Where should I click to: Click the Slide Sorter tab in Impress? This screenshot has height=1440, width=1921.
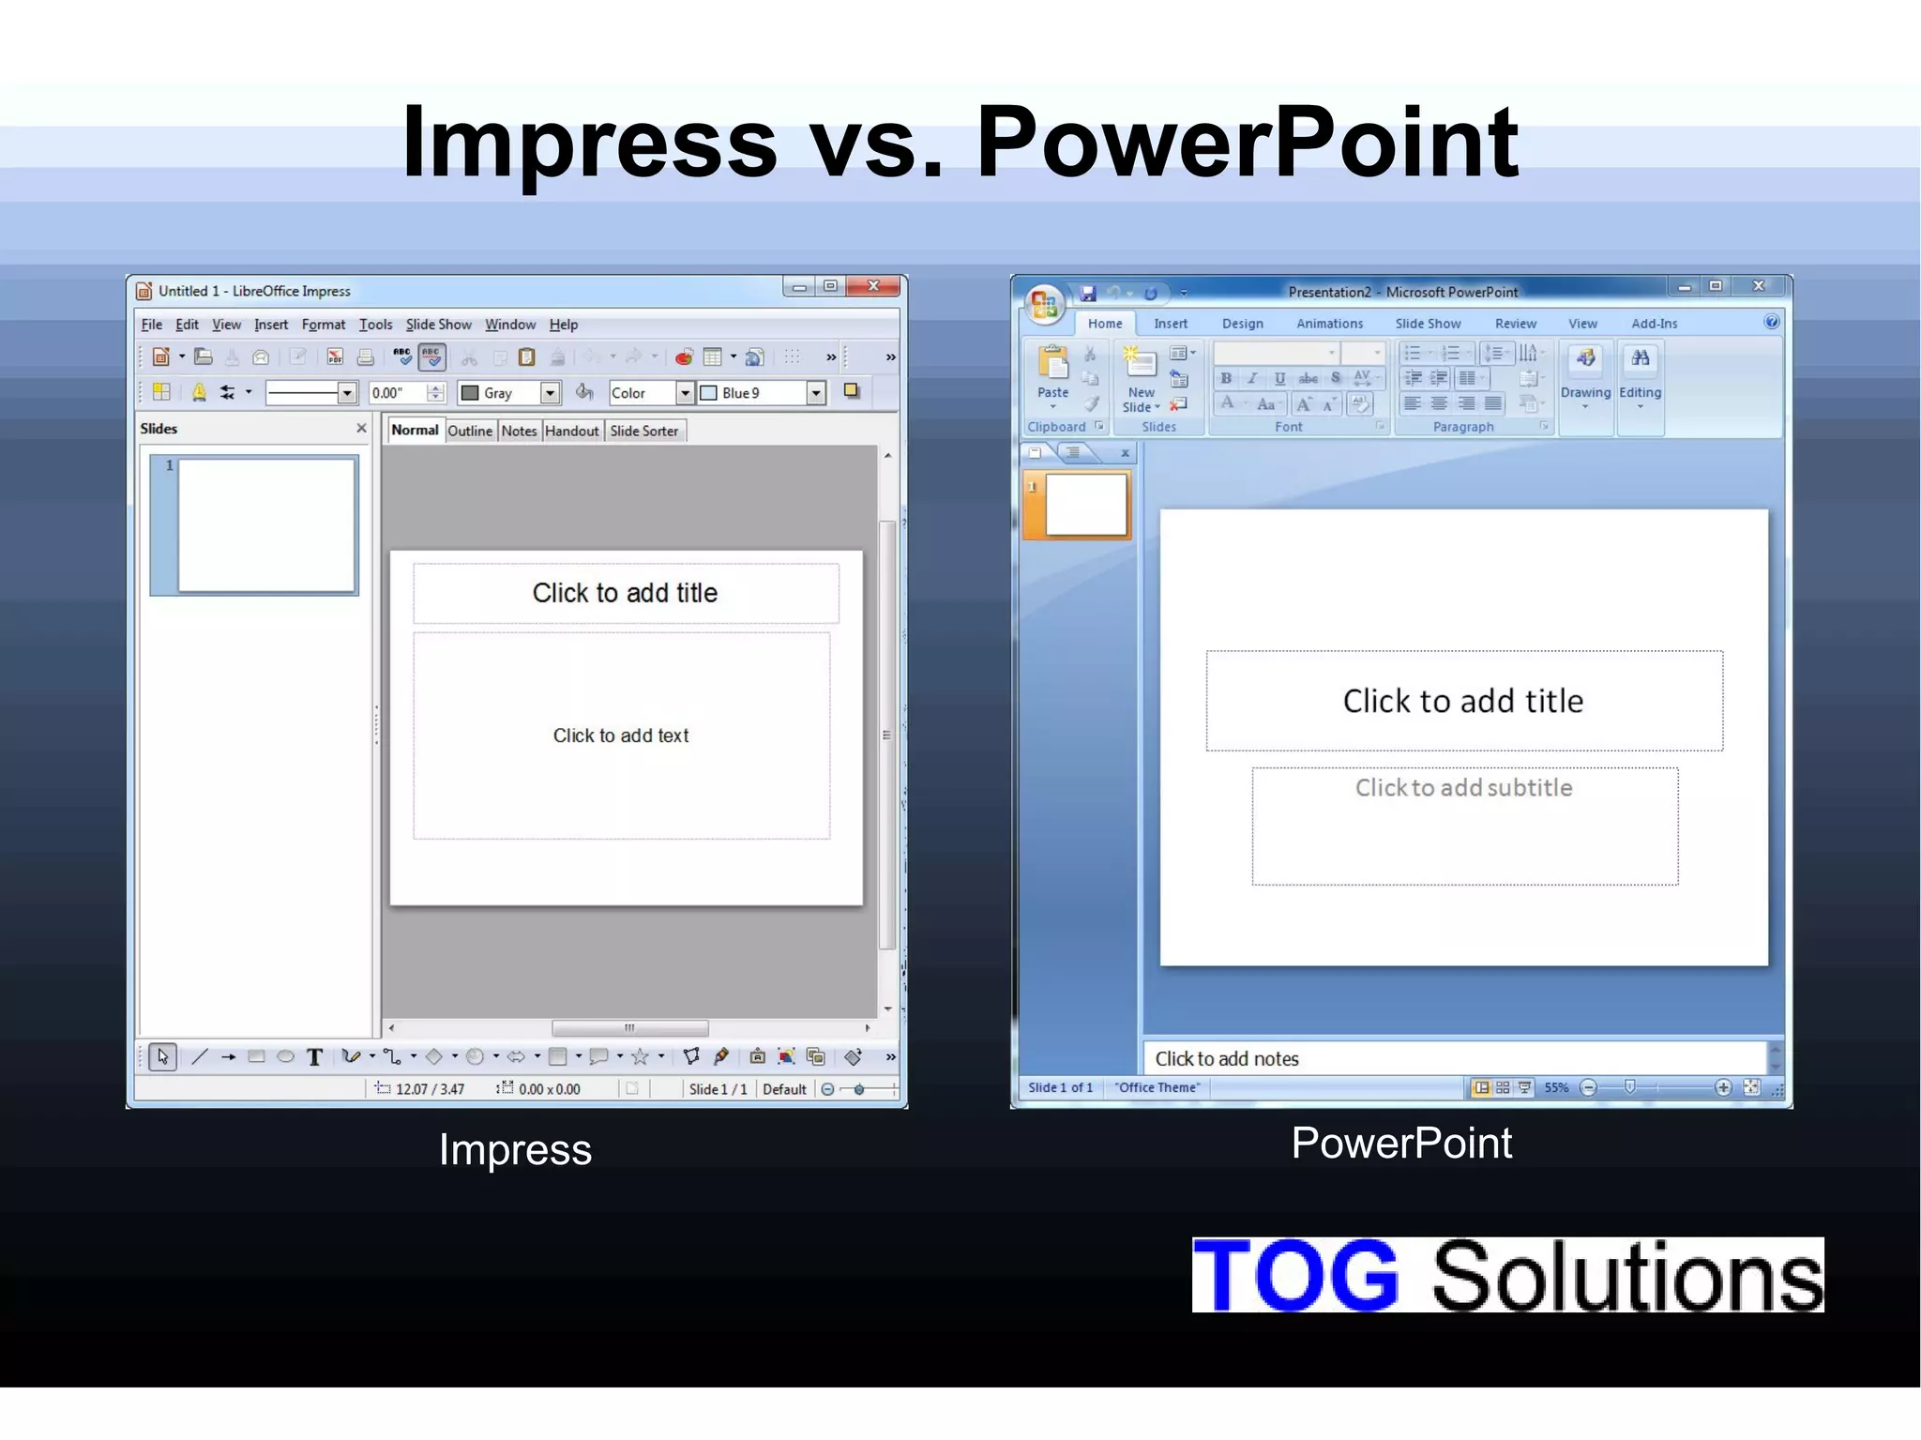coord(643,431)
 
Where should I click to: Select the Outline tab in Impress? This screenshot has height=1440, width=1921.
coord(469,431)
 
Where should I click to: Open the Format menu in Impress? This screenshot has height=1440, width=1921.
coord(324,325)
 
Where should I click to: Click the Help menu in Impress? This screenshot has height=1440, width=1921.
coord(563,325)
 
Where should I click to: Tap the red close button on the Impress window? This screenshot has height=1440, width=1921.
coord(873,286)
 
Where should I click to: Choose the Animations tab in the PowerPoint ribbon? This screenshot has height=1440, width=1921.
coord(1329,324)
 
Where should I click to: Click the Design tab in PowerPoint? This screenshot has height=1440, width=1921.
coord(1242,324)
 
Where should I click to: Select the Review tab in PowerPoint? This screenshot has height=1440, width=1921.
coord(1515,324)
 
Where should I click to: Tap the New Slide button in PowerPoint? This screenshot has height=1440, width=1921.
coord(1141,380)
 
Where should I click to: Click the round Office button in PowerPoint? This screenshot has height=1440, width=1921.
coord(1044,303)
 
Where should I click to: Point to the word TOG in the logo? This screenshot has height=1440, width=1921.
coord(1295,1275)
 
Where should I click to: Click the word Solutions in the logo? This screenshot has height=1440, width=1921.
coord(1626,1275)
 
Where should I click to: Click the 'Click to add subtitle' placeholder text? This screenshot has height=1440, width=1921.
coord(1463,788)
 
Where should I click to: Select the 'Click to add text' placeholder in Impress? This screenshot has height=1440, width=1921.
coord(620,735)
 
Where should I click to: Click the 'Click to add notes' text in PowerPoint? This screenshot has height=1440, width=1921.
coord(1226,1059)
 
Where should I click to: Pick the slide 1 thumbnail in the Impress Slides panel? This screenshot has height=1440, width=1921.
coord(266,525)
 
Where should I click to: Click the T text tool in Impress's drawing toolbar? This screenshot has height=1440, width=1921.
coord(315,1058)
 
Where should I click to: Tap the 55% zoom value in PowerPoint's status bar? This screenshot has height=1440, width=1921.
coord(1556,1088)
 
